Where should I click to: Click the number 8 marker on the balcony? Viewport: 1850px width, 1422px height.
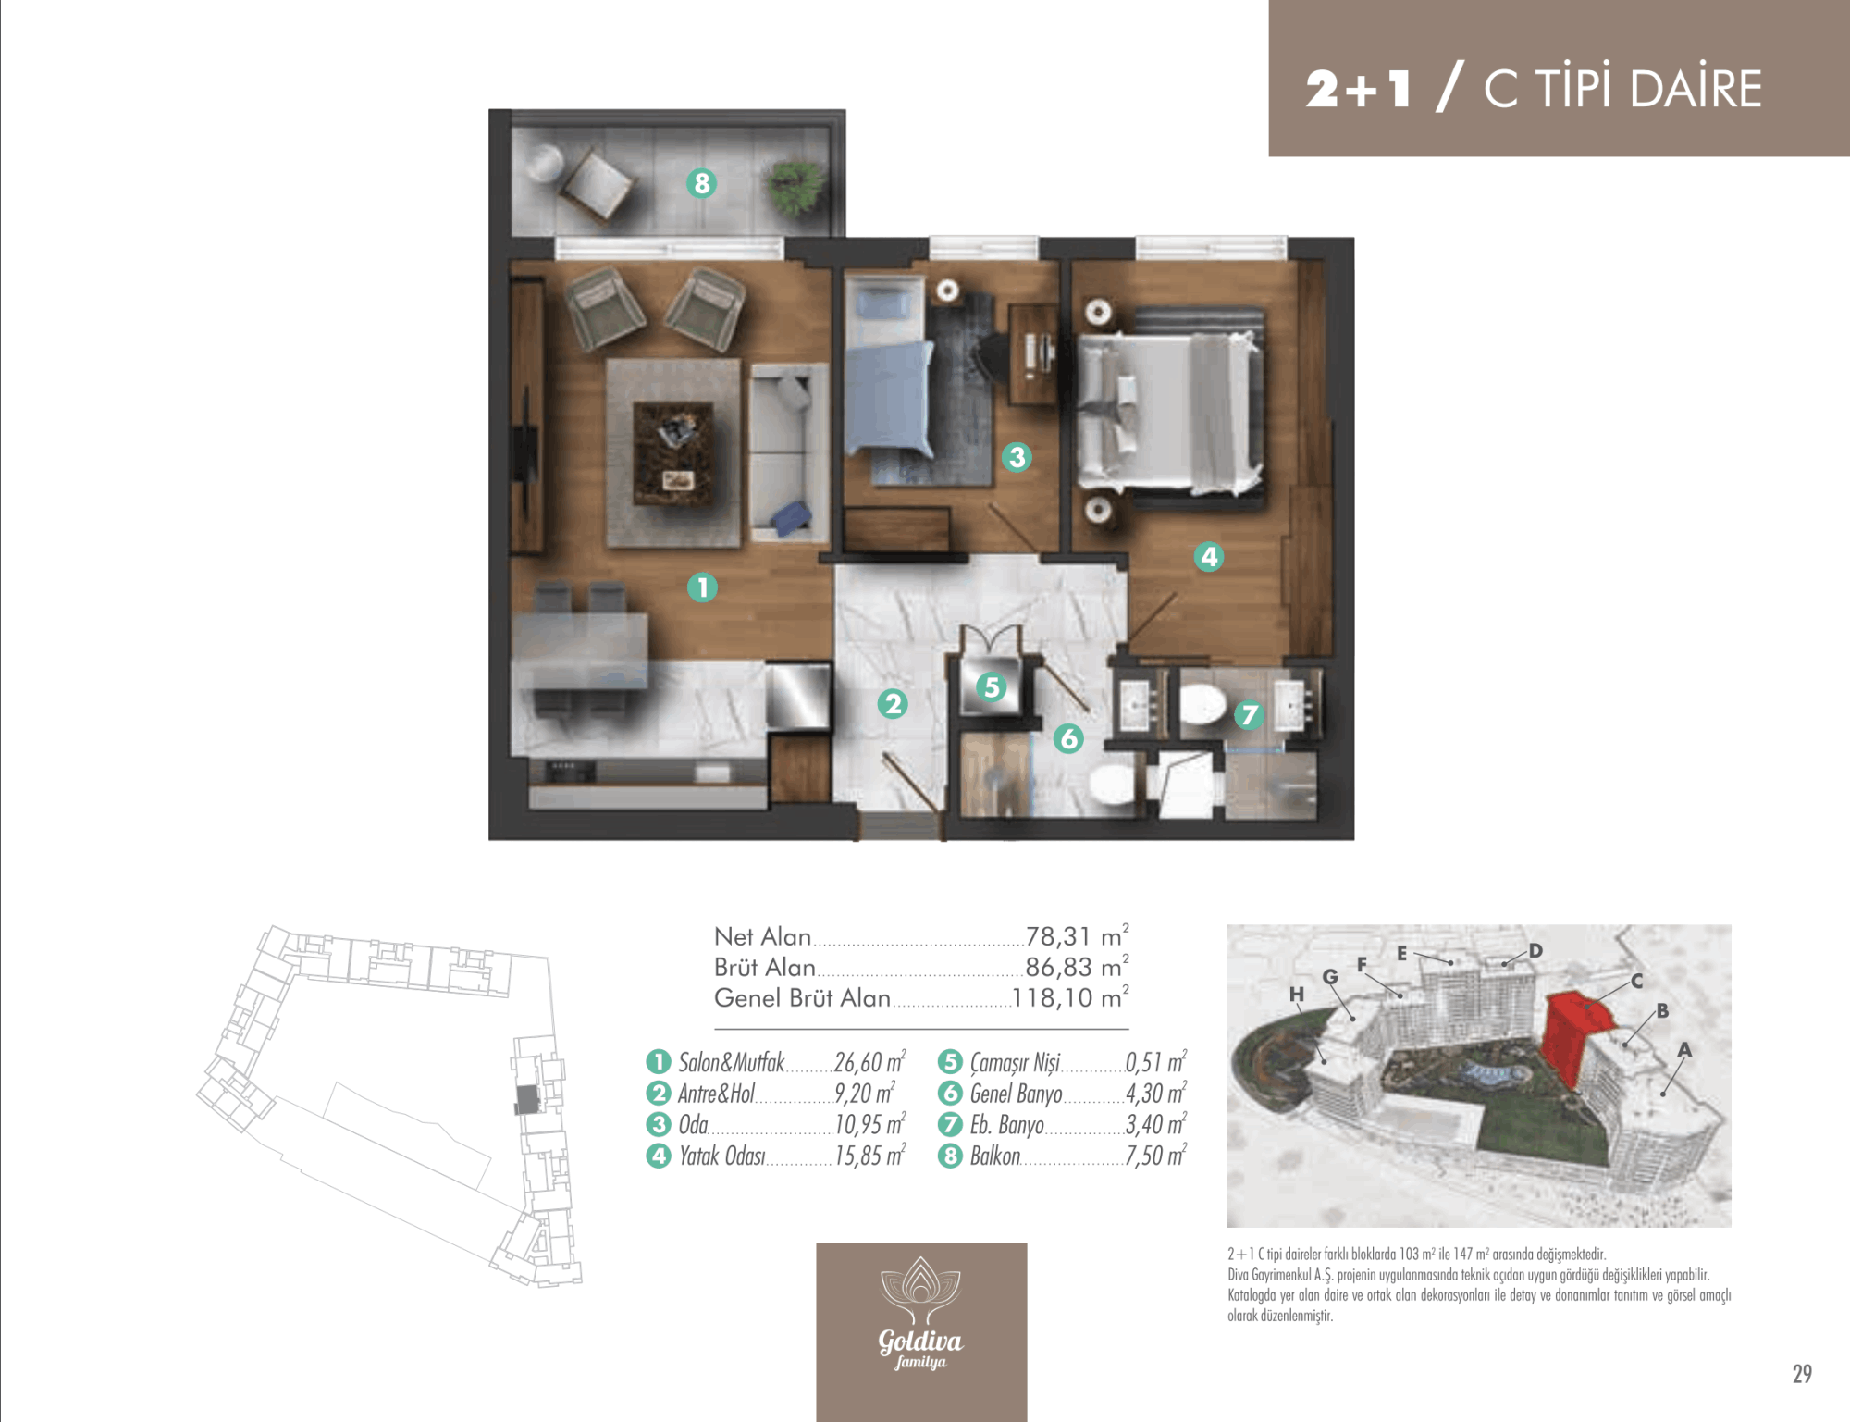point(702,183)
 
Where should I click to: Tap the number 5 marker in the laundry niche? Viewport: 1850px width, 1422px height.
point(992,686)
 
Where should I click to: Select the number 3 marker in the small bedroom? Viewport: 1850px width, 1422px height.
point(1017,456)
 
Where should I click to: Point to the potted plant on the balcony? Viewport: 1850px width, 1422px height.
point(795,186)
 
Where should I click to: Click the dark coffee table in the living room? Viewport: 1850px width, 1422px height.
point(672,453)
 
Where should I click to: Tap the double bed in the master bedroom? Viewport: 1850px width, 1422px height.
point(1170,411)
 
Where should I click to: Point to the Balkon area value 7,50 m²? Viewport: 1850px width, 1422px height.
point(1155,1156)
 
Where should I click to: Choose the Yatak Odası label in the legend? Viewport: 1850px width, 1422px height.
point(722,1156)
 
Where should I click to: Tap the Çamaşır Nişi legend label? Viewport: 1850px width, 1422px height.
point(1015,1063)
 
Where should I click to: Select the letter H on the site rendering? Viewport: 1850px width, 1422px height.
point(1297,995)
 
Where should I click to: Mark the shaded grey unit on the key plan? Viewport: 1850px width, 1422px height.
point(527,1099)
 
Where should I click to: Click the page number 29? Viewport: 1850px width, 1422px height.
point(1802,1374)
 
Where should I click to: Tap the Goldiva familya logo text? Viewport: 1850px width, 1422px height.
point(920,1348)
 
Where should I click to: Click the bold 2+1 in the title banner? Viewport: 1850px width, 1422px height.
point(1358,89)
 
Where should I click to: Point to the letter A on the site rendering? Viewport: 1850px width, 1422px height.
point(1684,1049)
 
